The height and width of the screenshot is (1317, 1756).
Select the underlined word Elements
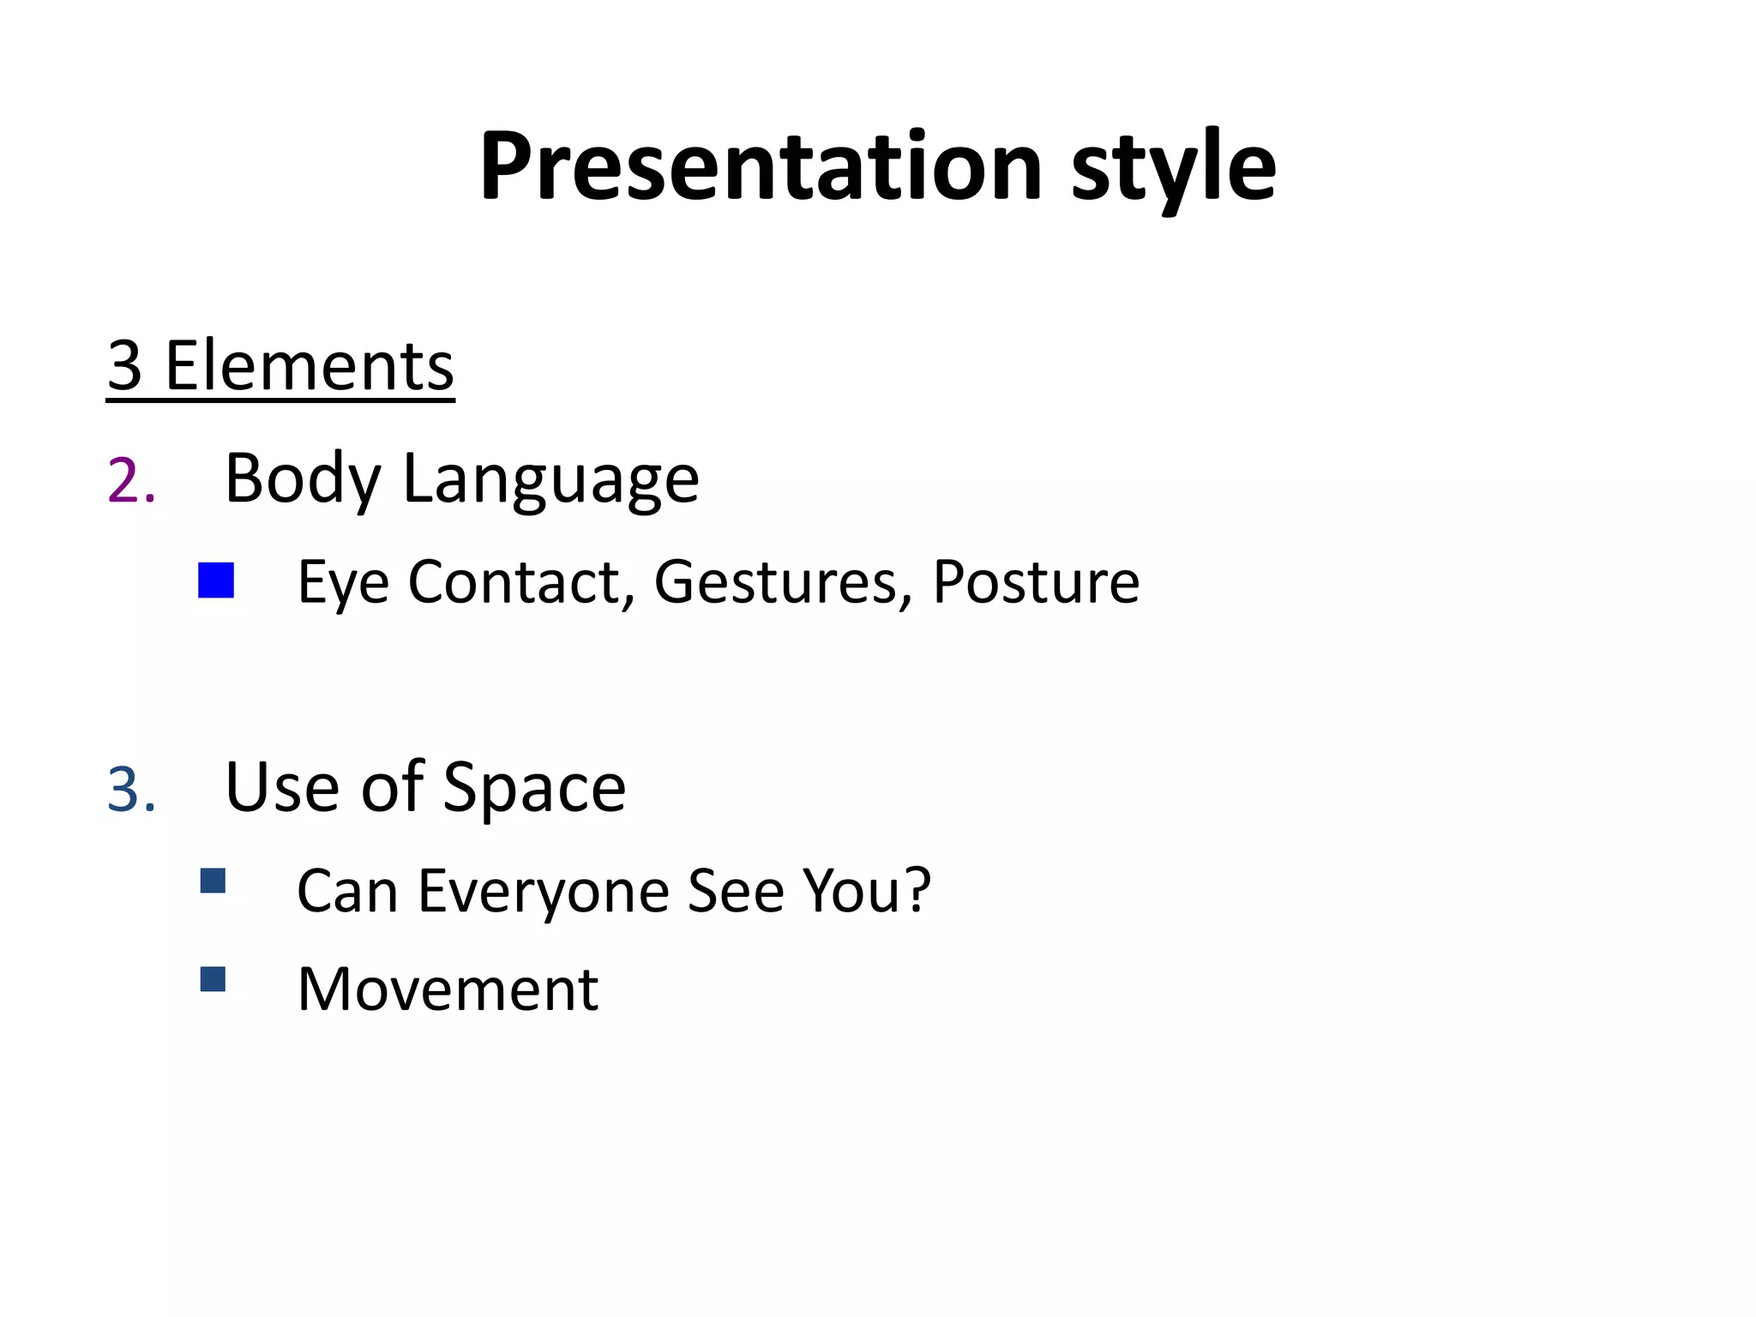309,366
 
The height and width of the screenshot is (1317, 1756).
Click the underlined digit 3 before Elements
125,366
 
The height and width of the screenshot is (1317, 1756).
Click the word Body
302,478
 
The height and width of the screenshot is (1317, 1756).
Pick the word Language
550,480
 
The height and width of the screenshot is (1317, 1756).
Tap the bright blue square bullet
216,580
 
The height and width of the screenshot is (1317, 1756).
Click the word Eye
343,583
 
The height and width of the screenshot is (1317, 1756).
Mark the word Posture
1036,583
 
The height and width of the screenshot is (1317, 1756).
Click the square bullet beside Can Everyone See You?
213,881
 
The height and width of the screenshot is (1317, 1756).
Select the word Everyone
545,892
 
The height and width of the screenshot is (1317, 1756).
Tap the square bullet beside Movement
213,979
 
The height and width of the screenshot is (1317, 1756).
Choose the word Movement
448,989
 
